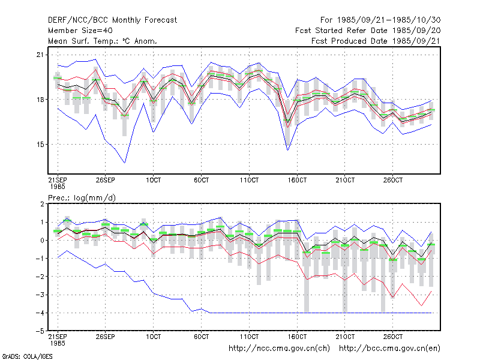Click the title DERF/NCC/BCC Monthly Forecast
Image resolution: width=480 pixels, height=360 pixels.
point(112,20)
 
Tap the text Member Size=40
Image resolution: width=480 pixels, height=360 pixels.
point(80,31)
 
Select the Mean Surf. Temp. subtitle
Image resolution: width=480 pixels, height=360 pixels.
point(102,41)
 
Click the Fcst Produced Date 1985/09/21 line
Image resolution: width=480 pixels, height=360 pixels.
point(376,41)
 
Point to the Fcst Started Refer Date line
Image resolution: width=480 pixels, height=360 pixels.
point(368,31)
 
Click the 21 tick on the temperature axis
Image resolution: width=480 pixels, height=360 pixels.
point(40,55)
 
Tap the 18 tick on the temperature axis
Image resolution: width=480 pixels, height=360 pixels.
point(40,100)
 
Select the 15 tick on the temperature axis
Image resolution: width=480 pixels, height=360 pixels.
point(40,145)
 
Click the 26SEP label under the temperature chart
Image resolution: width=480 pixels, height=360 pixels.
point(106,180)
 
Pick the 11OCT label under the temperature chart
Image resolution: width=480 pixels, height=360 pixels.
point(249,180)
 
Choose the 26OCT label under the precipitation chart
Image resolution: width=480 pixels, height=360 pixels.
point(393,337)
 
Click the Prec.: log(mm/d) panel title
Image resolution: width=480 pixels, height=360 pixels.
point(82,198)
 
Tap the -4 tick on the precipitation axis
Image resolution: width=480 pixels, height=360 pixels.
point(40,313)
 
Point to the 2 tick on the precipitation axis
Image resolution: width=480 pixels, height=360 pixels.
point(42,204)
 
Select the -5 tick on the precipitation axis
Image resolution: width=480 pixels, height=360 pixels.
point(40,331)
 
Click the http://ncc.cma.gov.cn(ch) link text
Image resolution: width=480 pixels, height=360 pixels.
point(279,349)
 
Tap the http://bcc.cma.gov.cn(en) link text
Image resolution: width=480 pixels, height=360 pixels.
point(389,349)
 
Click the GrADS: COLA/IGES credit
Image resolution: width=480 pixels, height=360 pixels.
point(27,356)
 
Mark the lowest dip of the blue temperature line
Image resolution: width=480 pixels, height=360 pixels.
point(125,163)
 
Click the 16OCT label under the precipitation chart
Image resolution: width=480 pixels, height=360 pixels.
point(297,337)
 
